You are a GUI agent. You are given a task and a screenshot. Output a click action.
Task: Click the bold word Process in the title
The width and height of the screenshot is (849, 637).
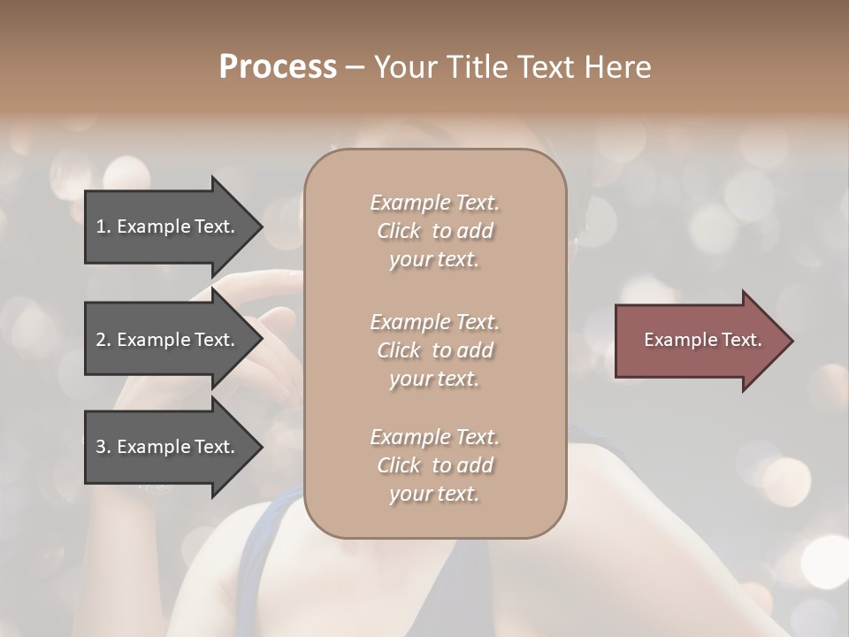pyautogui.click(x=278, y=67)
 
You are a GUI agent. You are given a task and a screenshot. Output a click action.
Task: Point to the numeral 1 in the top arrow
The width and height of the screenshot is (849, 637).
pyautogui.click(x=100, y=226)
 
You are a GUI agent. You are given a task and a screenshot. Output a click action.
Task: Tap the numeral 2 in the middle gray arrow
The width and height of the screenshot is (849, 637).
pyautogui.click(x=101, y=340)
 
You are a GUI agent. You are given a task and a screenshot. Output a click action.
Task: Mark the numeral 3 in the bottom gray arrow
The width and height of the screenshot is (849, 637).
pyautogui.click(x=101, y=447)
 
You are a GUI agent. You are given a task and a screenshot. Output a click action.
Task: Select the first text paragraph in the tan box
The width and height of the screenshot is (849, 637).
pyautogui.click(x=434, y=231)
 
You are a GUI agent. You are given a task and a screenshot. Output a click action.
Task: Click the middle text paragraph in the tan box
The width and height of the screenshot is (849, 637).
pyautogui.click(x=434, y=349)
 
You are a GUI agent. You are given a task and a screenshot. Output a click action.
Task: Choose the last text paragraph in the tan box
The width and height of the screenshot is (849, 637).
pyautogui.click(x=434, y=465)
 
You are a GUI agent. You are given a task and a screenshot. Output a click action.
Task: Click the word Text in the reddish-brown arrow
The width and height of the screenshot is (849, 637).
pyautogui.click(x=740, y=340)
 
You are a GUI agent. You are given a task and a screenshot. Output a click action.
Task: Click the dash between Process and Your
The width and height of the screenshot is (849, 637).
pyautogui.click(x=355, y=67)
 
